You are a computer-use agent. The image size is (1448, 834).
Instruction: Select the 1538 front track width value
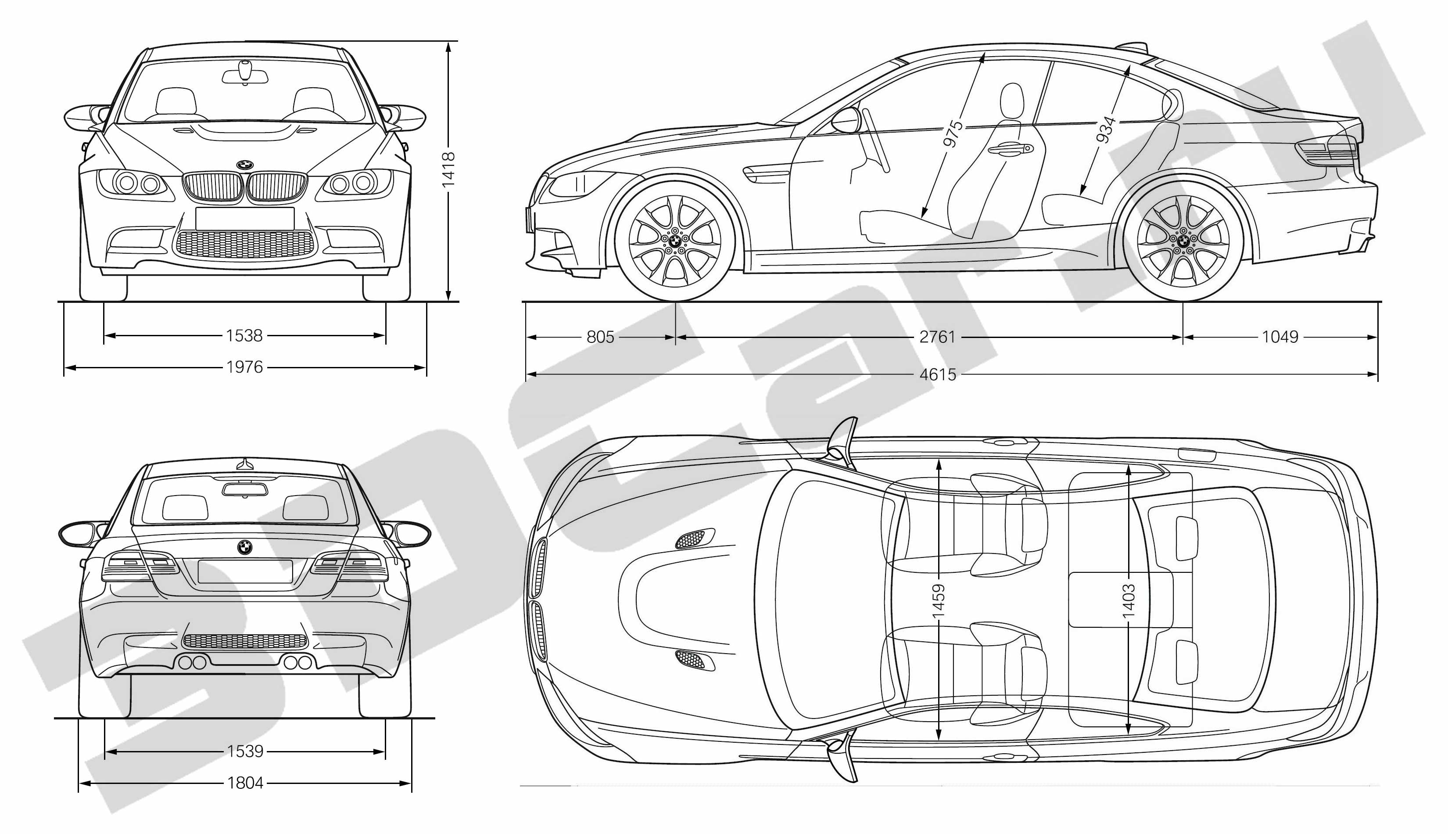[x=244, y=336]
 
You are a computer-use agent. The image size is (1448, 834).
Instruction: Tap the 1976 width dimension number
[x=244, y=367]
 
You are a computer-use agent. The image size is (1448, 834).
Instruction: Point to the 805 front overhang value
[x=600, y=337]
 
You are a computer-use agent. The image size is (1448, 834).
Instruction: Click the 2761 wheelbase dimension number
[x=937, y=337]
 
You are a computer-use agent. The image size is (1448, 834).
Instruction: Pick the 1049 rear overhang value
[x=1280, y=337]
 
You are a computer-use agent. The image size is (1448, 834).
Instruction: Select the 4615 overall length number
[x=938, y=374]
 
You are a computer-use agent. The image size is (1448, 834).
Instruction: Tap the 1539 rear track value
[x=245, y=751]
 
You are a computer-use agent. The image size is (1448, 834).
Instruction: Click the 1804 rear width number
[x=245, y=783]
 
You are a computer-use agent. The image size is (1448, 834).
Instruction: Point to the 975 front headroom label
[x=952, y=134]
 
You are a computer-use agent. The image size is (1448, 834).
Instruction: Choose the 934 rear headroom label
[x=1106, y=130]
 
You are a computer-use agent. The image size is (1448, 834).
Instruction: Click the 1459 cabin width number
[x=939, y=601]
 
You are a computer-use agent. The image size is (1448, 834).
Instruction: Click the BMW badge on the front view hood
[x=244, y=165]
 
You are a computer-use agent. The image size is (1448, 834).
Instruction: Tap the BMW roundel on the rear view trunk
[x=244, y=547]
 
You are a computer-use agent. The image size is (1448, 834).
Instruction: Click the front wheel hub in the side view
[x=674, y=241]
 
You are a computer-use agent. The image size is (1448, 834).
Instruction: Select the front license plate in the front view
[x=244, y=219]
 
